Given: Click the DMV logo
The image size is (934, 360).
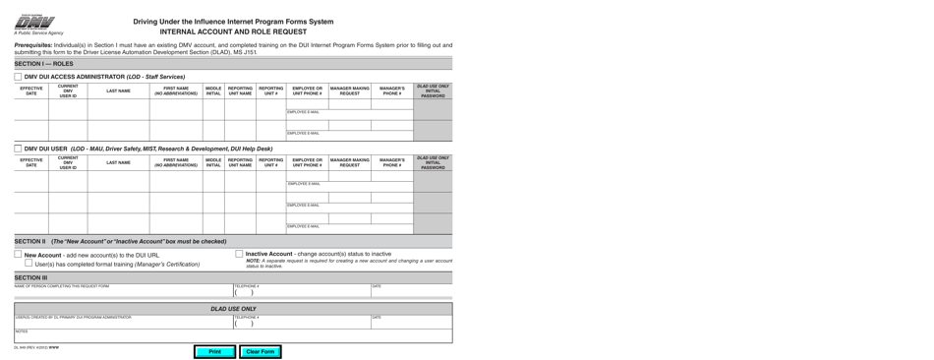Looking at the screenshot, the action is pos(34,22).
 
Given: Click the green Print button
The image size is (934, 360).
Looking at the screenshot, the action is pos(214,351).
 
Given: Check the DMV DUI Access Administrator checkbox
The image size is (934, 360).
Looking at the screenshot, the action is pos(18,76).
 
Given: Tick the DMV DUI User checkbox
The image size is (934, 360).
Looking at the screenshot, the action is pos(18,149).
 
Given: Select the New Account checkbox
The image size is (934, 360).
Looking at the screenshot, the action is pos(18,254).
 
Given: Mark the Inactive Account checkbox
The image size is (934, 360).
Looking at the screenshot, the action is pos(239,254).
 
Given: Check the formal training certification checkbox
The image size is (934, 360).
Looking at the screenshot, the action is pos(29,264).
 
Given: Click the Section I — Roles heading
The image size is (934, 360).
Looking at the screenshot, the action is pos(44,63).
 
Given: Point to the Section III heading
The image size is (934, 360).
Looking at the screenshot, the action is pos(30,277).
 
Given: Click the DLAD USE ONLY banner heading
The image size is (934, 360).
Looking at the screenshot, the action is pos(233,309).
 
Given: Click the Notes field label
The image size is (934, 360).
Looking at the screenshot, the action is pos(21,331).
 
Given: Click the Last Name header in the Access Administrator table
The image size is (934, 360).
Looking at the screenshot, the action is pos(118,91).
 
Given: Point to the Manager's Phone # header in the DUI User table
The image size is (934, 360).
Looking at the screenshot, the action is pos(391,162).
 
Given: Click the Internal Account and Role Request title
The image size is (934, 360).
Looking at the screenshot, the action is pos(233,31).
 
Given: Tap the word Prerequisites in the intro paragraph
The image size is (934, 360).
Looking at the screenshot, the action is pos(34,45).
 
